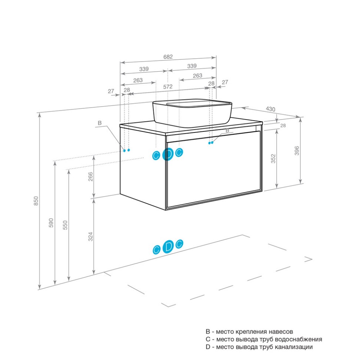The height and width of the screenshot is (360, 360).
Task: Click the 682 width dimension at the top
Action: point(168,57)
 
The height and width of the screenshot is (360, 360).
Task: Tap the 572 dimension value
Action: point(168,87)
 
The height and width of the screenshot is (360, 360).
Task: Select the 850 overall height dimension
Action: point(36,201)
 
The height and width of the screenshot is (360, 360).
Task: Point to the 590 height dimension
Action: point(51,223)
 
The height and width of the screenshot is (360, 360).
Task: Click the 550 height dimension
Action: point(65,225)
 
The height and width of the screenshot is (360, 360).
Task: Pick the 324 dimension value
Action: point(91,236)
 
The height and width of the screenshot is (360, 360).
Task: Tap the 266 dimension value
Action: point(91,177)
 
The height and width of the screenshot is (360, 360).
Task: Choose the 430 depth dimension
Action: point(271,109)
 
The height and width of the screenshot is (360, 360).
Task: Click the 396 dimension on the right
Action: point(297,151)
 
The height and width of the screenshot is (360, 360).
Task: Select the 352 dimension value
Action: point(273,158)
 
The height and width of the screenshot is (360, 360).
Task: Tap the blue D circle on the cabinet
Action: point(168,154)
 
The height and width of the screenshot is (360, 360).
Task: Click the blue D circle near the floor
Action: point(168,247)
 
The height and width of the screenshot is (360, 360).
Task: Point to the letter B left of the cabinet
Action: point(99,123)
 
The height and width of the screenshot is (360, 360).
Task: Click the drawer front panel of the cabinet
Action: point(213,169)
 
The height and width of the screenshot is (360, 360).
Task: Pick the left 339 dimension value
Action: point(144,69)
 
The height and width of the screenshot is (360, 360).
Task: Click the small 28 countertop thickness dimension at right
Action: point(283,125)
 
